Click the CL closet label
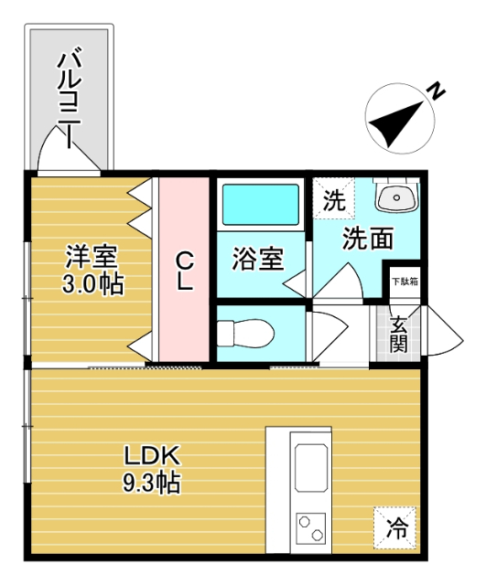point(185,269)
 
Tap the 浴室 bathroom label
point(257,259)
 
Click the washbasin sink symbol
point(397,196)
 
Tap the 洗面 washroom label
point(369,239)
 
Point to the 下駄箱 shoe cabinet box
point(404,281)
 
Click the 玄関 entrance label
point(399,334)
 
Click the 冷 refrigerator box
point(395,526)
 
